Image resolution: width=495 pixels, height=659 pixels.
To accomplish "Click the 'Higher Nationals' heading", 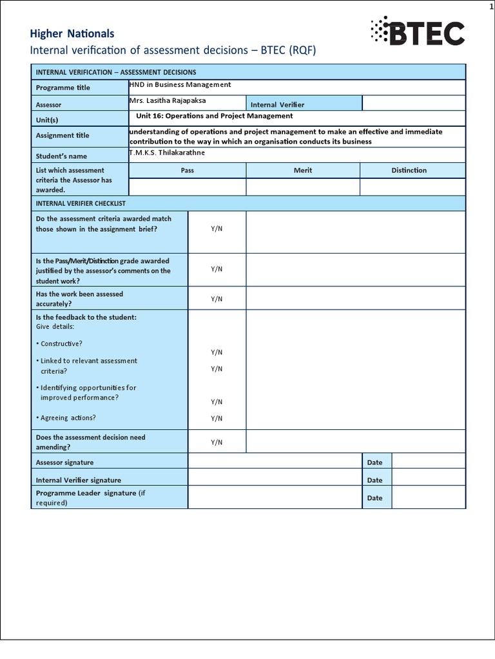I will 73,33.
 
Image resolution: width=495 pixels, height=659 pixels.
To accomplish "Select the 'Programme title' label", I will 63,88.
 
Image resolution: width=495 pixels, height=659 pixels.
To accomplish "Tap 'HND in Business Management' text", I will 180,84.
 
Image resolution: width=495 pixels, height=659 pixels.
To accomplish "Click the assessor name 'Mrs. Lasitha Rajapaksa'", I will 170,101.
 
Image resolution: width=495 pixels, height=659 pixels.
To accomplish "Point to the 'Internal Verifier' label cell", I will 277,104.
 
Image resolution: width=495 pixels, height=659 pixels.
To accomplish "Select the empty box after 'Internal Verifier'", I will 413,103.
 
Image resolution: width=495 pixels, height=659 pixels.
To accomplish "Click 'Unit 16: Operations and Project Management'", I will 215,116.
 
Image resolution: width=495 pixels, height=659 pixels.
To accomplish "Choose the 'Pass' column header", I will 188,171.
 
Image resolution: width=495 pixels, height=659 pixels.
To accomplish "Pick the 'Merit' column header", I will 303,171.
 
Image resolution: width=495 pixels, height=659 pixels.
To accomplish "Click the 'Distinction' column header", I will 409,171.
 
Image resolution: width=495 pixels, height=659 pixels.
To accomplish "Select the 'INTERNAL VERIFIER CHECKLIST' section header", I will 81,203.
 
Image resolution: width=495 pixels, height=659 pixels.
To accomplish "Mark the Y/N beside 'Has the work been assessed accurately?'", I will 217,299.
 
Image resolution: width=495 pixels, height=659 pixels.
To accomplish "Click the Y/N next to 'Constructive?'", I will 217,352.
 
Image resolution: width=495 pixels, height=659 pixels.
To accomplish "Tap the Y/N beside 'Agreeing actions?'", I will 217,418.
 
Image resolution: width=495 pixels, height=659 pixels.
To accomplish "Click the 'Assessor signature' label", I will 64,462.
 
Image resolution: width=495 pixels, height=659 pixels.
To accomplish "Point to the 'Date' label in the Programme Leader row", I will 374,498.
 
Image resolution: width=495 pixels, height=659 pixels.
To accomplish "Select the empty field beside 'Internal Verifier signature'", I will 274,479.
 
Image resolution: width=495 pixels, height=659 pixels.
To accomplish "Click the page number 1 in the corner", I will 490,6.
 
